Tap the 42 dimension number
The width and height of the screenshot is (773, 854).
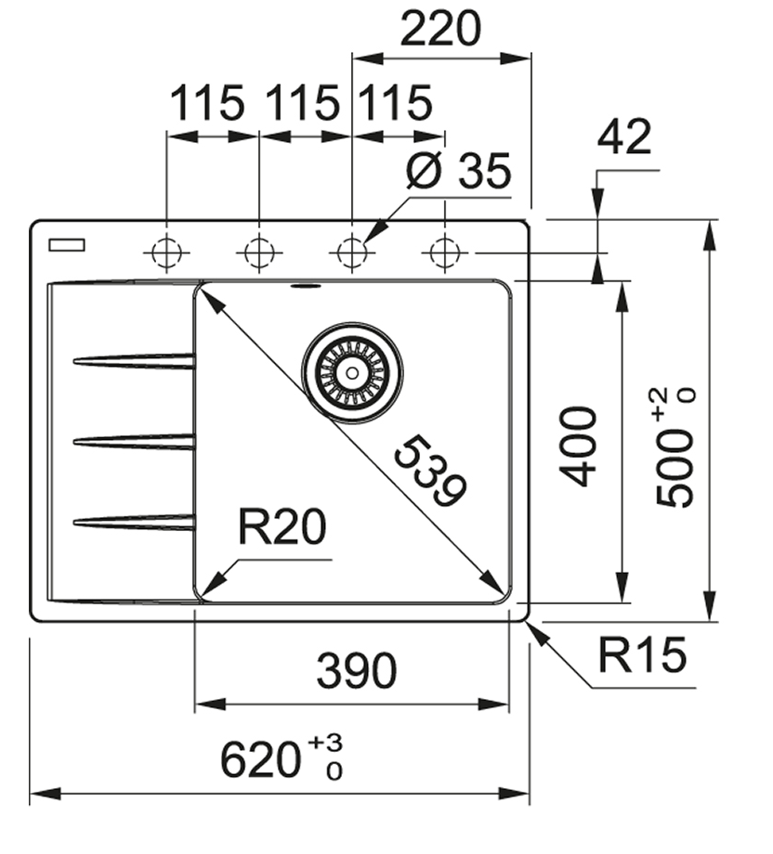[623, 139]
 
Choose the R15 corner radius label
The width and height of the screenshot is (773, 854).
[642, 655]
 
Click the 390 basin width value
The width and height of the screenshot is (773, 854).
[356, 671]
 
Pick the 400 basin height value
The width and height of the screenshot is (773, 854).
[580, 446]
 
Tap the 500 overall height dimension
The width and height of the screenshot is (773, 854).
[675, 464]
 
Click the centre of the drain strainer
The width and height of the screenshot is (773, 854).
[352, 372]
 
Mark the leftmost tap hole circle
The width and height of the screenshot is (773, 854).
[165, 252]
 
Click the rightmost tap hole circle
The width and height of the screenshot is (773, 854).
[445, 252]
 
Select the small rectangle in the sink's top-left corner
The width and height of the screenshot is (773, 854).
[67, 244]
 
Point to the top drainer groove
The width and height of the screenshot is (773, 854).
[135, 359]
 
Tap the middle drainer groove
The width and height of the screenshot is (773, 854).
[135, 441]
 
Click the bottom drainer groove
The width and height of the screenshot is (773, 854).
[135, 523]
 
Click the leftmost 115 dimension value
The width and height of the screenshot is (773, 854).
[206, 103]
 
